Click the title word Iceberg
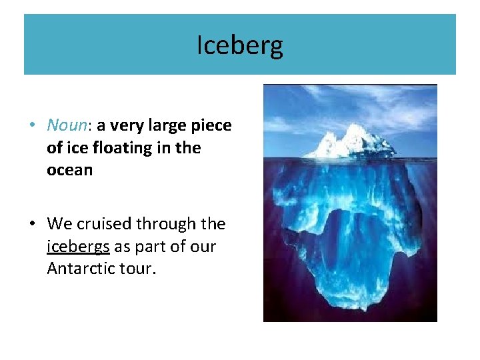(x=240, y=45)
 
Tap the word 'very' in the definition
(x=125, y=125)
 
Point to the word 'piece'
(x=211, y=126)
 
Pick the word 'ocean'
(x=69, y=170)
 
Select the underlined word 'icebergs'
(x=79, y=247)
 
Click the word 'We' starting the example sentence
(x=58, y=224)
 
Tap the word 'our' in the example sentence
(x=203, y=247)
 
